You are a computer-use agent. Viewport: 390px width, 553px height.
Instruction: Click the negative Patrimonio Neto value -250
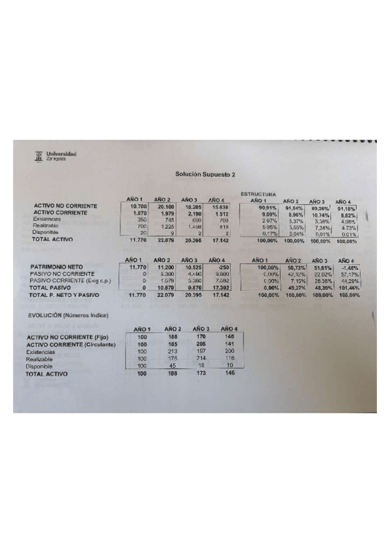point(222,267)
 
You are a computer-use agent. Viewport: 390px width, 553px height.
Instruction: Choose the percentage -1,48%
point(348,267)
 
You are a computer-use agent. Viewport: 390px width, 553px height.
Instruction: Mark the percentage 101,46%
point(346,288)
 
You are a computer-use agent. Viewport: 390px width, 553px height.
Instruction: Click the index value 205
point(201,344)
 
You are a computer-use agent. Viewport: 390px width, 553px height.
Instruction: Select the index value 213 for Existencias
point(173,351)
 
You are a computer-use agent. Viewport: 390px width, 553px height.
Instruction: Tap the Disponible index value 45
point(173,366)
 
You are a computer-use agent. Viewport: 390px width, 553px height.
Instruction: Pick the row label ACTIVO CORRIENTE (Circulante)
point(70,344)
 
